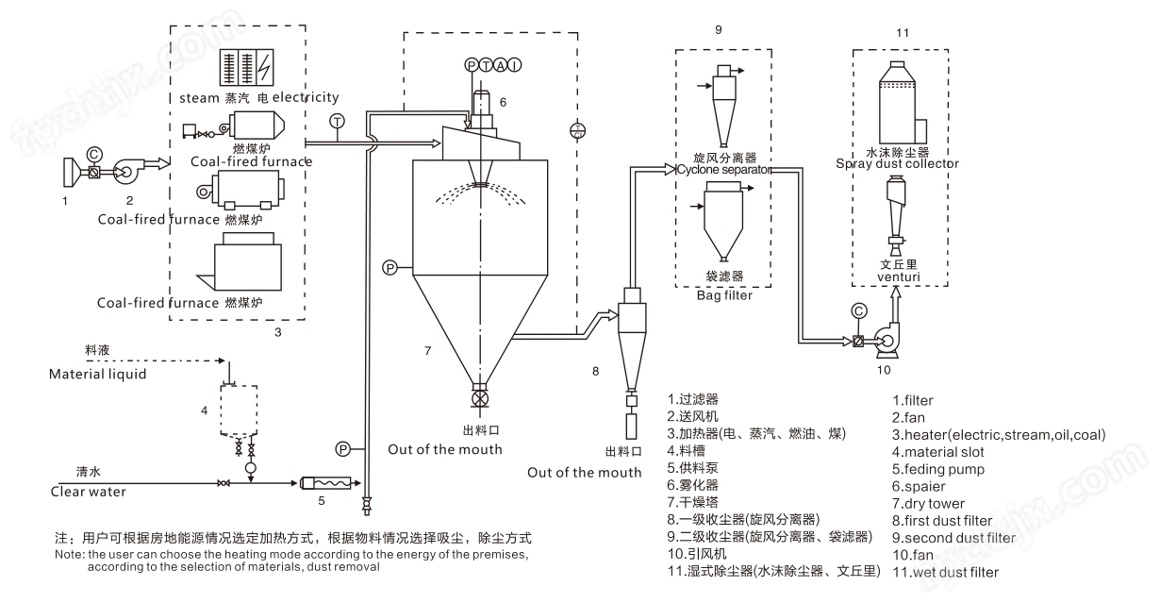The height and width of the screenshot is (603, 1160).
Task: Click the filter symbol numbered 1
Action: (68, 173)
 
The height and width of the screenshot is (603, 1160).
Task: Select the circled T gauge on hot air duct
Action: (338, 122)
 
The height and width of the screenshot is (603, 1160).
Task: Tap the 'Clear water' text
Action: (88, 492)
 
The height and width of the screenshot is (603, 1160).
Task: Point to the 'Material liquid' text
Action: (97, 375)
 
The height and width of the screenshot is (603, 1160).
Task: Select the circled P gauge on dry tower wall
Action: (390, 268)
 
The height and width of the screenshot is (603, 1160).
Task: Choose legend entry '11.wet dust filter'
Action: (945, 571)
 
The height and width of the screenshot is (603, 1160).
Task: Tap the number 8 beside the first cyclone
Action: (595, 371)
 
